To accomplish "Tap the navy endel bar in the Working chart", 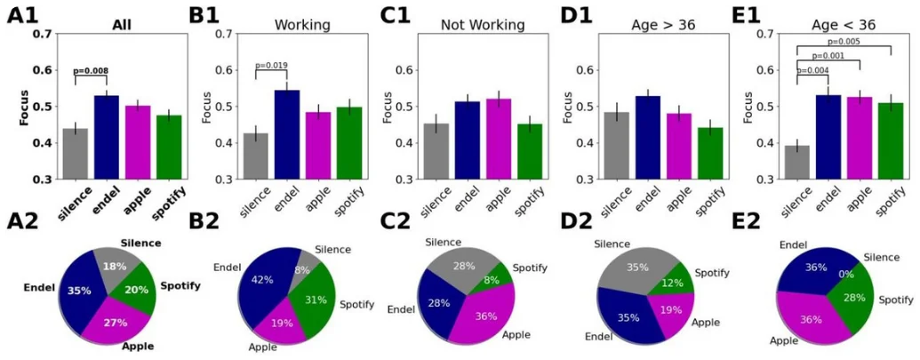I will coord(287,133).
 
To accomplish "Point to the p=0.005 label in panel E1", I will coord(844,41).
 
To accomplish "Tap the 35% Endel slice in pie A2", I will coord(82,291).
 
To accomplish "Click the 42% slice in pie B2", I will coord(263,280).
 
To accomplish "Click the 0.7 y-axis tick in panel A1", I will coord(42,34).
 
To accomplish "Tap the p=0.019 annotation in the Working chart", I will coord(272,65).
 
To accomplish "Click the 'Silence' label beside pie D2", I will coord(614,243).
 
